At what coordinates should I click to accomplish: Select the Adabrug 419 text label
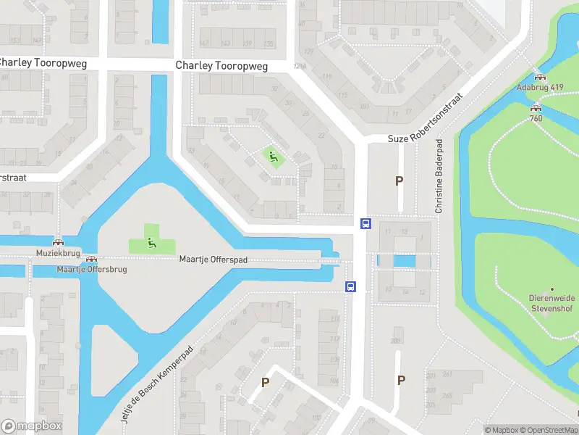tap(539, 87)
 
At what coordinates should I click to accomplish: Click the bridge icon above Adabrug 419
tap(539, 76)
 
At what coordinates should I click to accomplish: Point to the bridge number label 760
tap(536, 118)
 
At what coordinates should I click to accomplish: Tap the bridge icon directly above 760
tap(536, 107)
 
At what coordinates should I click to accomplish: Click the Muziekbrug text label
tap(57, 253)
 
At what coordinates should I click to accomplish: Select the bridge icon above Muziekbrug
tap(57, 242)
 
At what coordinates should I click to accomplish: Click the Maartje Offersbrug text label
tap(92, 270)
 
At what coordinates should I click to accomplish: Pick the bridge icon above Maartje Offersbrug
tap(91, 259)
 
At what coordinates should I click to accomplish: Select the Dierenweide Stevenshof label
tap(552, 302)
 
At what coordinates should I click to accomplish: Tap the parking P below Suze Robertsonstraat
tap(398, 181)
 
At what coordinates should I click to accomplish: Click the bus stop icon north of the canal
tap(365, 224)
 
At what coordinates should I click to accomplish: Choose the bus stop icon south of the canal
tap(351, 286)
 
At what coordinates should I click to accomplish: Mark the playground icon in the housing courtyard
tap(273, 156)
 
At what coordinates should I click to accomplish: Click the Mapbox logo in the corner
tap(31, 426)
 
